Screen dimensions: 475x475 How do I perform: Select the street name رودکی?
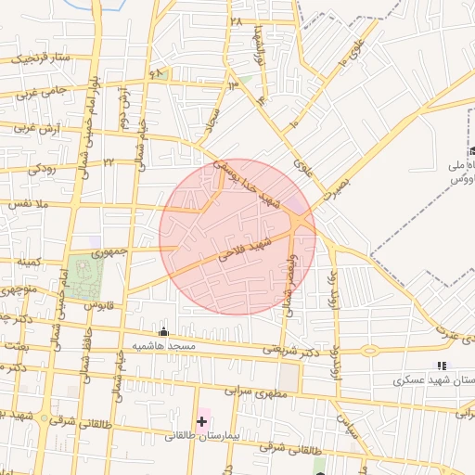(43, 169)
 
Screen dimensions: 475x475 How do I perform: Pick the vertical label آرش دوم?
(122, 109)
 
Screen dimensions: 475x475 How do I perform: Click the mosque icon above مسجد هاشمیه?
(164, 332)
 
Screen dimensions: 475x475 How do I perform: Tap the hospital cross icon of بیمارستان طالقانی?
(201, 421)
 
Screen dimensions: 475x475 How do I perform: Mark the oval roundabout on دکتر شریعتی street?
(369, 351)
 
